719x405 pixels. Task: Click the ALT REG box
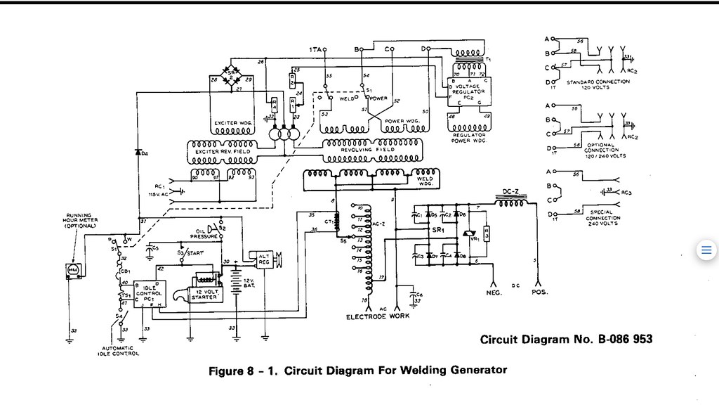pyautogui.click(x=264, y=260)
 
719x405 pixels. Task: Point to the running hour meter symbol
pyautogui.click(x=72, y=270)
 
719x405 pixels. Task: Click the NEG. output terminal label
pyautogui.click(x=494, y=292)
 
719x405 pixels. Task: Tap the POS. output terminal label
pyautogui.click(x=539, y=292)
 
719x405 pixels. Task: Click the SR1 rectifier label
pyautogui.click(x=438, y=231)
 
